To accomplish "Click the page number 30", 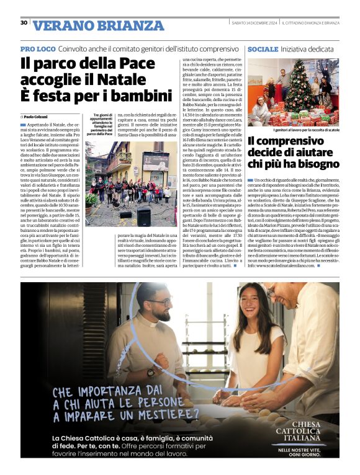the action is [x=24, y=22].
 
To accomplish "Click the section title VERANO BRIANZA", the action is [x=98, y=26].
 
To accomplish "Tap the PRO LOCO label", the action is [x=38, y=48].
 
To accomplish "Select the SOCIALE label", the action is [x=261, y=48].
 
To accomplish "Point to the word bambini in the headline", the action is [x=138, y=97].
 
